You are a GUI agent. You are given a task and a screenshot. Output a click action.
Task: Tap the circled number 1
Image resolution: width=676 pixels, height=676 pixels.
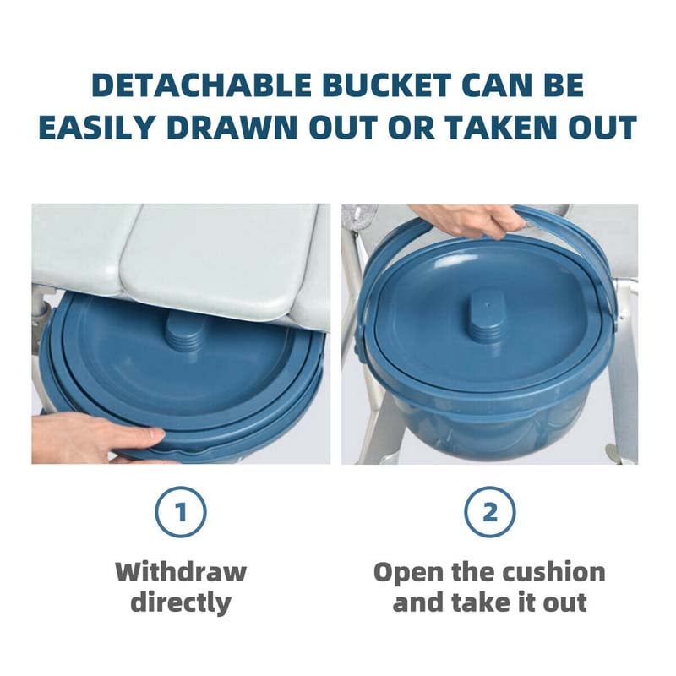point(181,512)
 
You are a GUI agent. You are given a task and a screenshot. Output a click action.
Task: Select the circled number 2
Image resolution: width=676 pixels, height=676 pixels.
point(489,512)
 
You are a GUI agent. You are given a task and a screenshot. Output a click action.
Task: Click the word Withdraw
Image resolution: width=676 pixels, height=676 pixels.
point(181,571)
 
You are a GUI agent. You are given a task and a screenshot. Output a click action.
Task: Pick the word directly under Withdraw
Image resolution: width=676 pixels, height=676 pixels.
point(181,602)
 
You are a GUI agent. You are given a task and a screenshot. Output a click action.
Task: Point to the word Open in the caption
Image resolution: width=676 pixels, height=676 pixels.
point(409,571)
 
